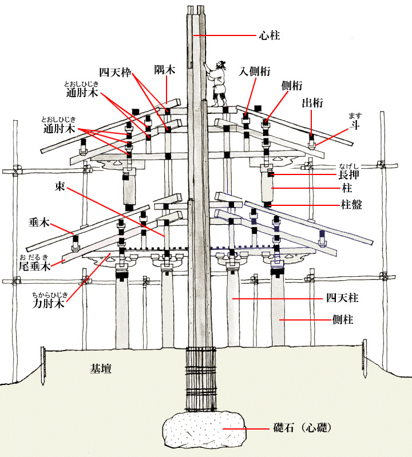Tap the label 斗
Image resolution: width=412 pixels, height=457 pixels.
(x=354, y=126)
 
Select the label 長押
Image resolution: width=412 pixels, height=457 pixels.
(x=351, y=173)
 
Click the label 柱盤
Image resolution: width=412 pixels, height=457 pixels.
(x=352, y=204)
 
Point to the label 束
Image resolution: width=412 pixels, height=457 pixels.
(x=60, y=186)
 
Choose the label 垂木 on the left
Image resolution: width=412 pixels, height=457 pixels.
(x=39, y=222)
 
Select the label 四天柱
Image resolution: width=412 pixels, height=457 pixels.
(x=339, y=299)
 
